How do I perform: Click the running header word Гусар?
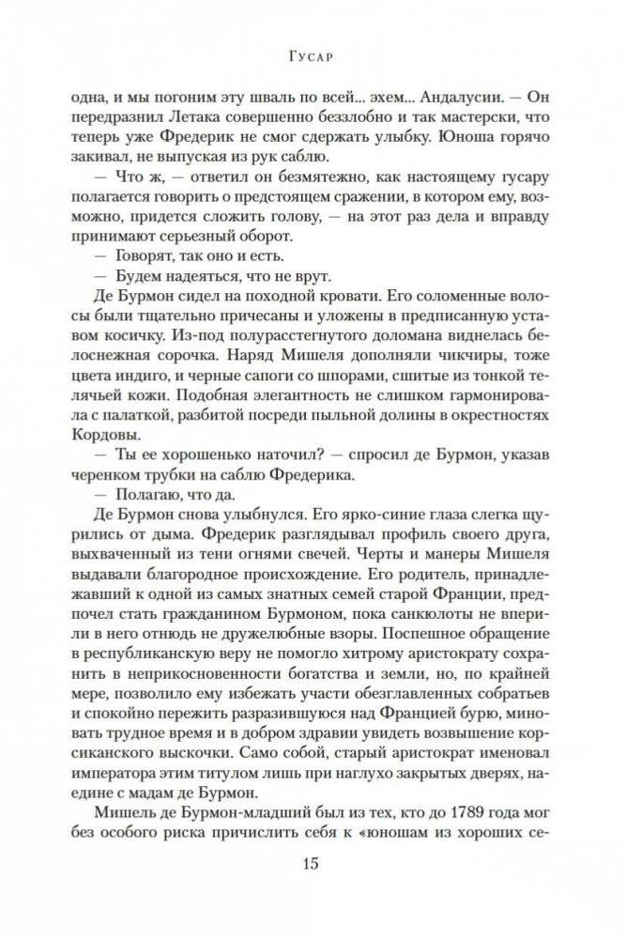coord(313,55)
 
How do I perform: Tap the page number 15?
coord(313,862)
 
